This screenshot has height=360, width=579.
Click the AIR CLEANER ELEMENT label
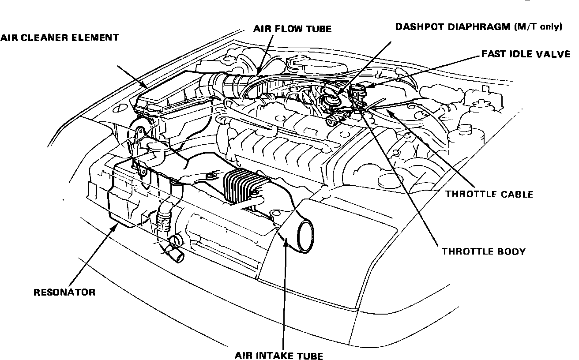point(59,38)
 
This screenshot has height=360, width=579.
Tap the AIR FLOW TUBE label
point(292,29)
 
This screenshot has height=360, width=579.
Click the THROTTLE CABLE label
point(489,194)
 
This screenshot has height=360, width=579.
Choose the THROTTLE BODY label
point(484,252)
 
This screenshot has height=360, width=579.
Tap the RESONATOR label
point(64,292)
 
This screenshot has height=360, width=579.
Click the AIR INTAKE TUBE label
point(279,355)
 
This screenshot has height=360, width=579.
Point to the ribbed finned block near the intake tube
point(241,187)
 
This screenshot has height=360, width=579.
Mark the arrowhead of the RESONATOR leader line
point(117,226)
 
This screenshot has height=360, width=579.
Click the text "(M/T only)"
point(538,27)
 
